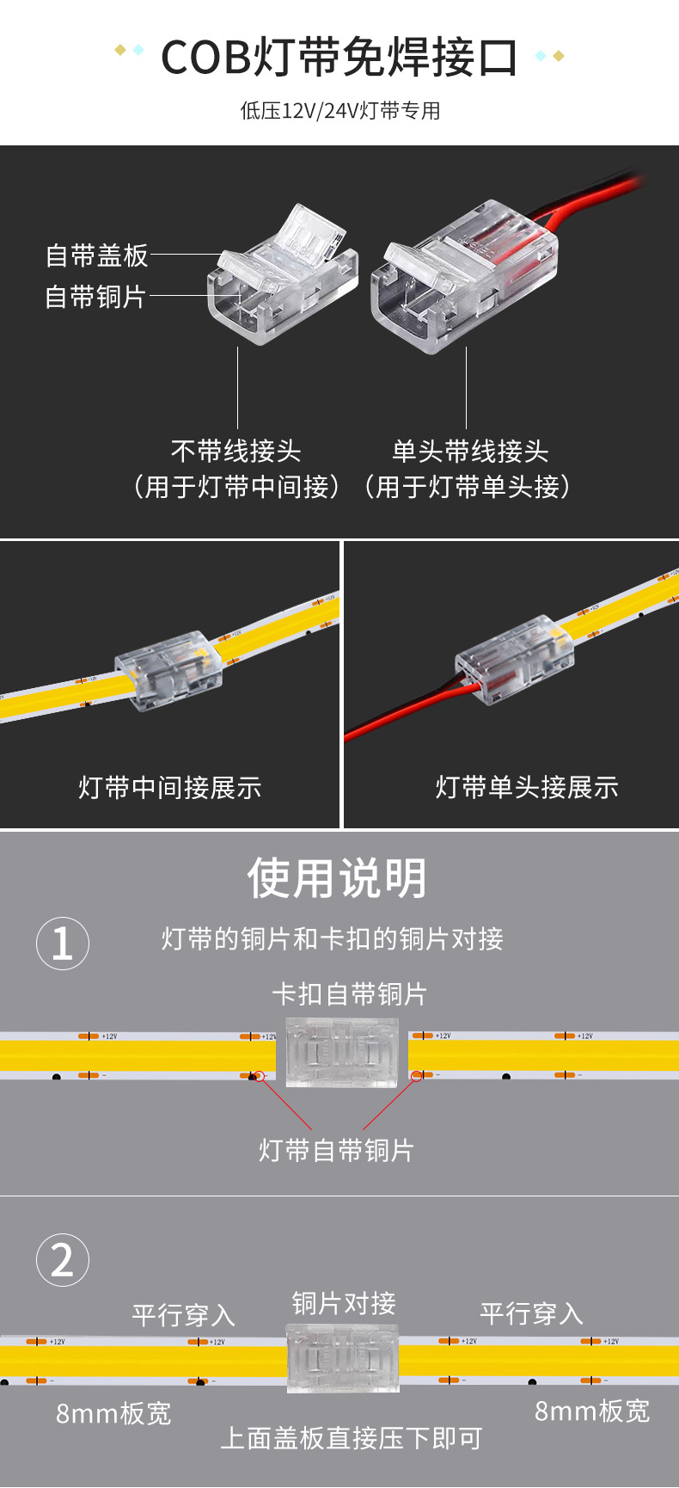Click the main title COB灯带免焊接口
click(x=339, y=58)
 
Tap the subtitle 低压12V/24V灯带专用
click(x=339, y=111)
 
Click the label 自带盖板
click(x=96, y=255)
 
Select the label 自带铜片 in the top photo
click(x=95, y=297)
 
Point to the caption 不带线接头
click(x=236, y=451)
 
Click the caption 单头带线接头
click(x=470, y=451)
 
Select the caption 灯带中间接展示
click(x=169, y=787)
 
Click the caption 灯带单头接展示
click(x=526, y=787)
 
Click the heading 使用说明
click(x=337, y=878)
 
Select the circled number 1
click(x=63, y=944)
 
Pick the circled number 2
click(x=63, y=1260)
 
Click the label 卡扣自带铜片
click(x=349, y=994)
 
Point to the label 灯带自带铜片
click(x=336, y=1150)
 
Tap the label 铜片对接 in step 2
click(x=344, y=1304)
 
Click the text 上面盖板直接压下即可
click(x=351, y=1438)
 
